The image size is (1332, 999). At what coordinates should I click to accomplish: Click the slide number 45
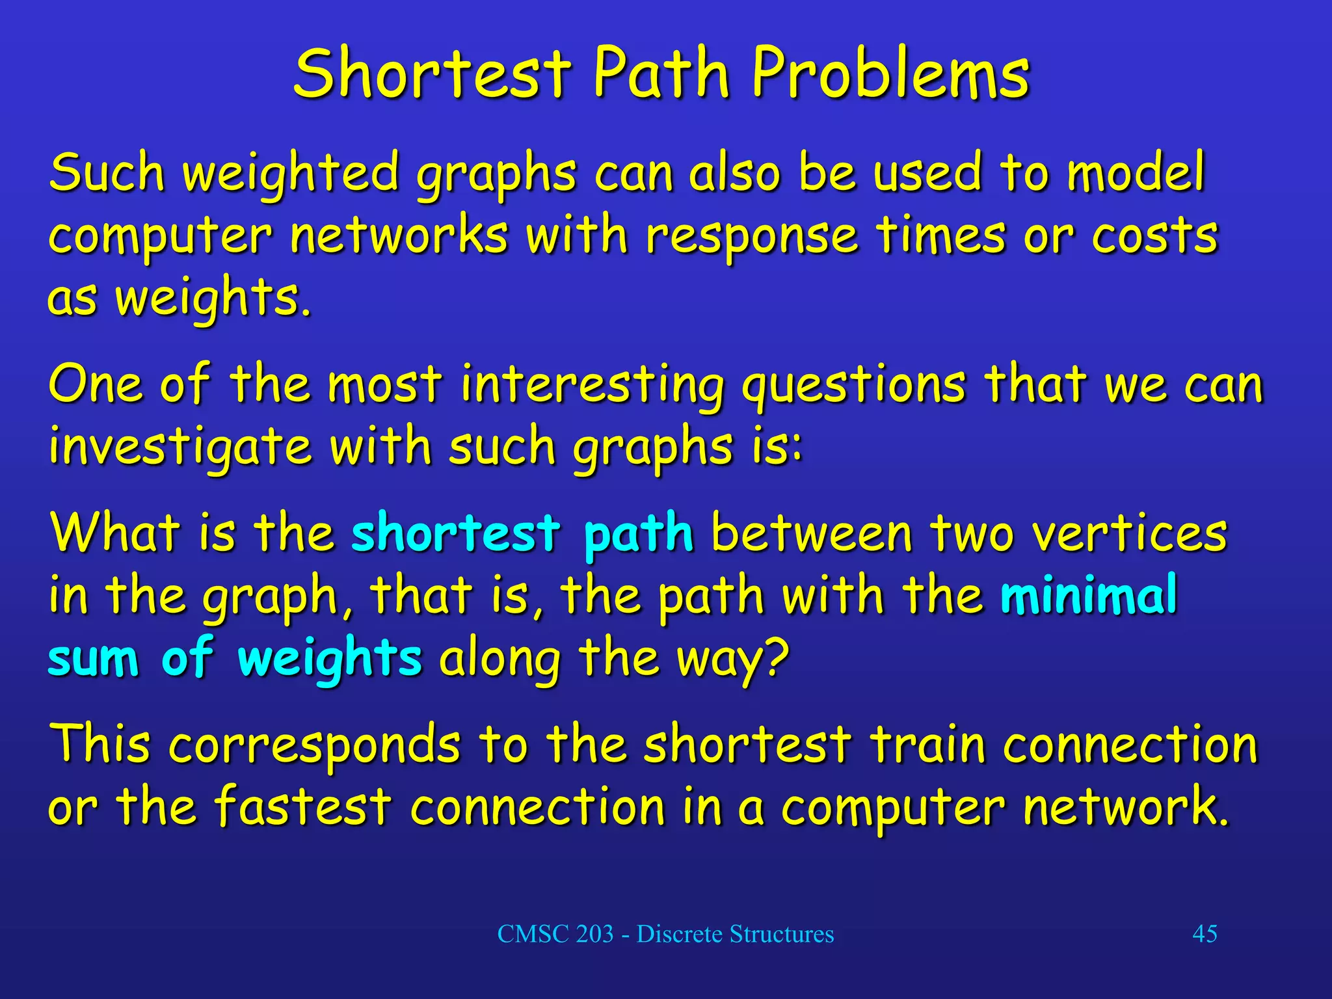click(x=1205, y=934)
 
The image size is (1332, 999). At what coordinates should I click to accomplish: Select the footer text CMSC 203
click(x=555, y=934)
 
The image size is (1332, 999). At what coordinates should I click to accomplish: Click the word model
click(x=1136, y=172)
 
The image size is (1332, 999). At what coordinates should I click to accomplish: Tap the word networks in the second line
click(x=398, y=235)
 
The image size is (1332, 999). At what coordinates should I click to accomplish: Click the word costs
click(x=1154, y=235)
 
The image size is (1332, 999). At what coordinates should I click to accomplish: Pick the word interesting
click(x=592, y=385)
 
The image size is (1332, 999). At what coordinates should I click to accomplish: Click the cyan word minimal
click(x=1089, y=594)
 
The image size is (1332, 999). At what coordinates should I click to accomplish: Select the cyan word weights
click(x=330, y=658)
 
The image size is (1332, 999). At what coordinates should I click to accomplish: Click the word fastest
click(x=302, y=806)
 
